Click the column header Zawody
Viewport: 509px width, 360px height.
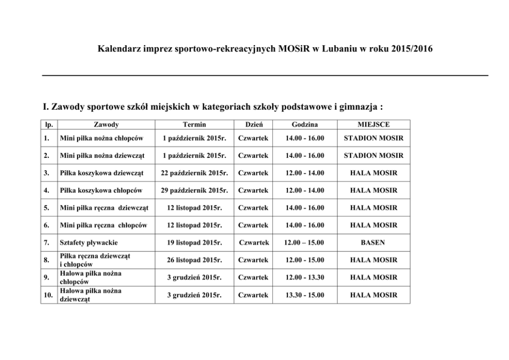click(x=106, y=125)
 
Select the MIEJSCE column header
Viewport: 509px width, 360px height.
click(x=373, y=125)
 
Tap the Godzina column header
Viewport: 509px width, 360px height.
click(x=305, y=125)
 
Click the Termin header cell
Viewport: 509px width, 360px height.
click(x=194, y=125)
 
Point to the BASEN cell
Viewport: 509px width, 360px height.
click(x=373, y=243)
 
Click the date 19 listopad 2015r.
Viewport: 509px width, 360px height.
click(x=194, y=243)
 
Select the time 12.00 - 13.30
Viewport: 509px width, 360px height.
click(x=305, y=277)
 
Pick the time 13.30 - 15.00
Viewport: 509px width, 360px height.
click(x=305, y=295)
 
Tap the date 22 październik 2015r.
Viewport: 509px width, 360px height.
click(x=194, y=173)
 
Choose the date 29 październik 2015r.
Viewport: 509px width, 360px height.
click(x=194, y=190)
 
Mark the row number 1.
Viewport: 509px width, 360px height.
click(x=47, y=138)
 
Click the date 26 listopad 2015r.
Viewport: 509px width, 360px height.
click(x=194, y=260)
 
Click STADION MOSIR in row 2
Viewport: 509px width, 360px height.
click(x=373, y=155)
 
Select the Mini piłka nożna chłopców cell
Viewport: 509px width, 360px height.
click(x=101, y=138)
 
